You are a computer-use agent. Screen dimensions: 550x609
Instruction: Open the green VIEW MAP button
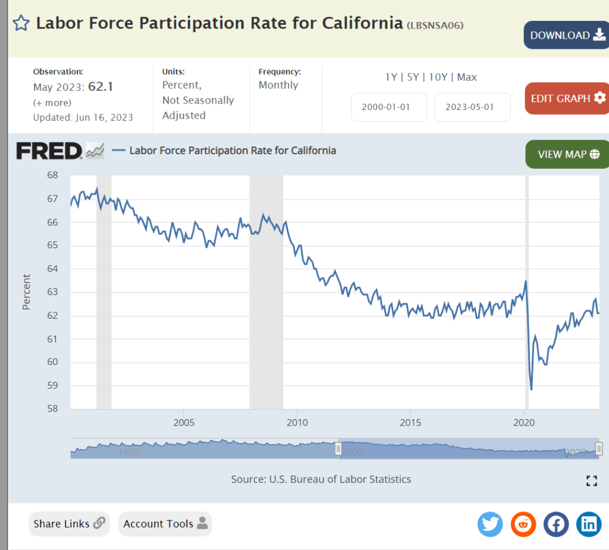[567, 154]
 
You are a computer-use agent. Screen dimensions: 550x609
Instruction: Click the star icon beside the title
[21, 23]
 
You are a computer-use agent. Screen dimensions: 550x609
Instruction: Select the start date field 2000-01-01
[389, 108]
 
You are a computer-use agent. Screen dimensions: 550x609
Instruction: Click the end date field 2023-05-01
[472, 108]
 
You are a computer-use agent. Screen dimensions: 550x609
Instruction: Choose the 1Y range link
[391, 77]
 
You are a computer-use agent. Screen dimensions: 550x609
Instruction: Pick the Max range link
[467, 77]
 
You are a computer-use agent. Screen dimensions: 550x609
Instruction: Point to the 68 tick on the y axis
[52, 175]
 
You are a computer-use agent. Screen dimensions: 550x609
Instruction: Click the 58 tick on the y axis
[52, 409]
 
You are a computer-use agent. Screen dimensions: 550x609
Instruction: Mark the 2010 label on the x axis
[297, 423]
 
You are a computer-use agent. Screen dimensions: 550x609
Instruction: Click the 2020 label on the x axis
[524, 423]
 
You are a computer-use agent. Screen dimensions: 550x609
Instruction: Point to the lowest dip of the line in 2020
[531, 389]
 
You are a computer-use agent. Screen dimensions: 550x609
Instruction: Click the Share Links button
[69, 524]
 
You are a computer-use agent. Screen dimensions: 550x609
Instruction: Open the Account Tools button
[165, 524]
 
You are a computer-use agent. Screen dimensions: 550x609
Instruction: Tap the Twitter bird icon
[490, 524]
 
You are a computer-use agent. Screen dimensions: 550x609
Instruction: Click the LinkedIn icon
[589, 524]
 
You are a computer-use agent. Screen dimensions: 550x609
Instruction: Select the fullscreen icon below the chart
[591, 481]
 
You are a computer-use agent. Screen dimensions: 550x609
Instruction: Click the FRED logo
[49, 151]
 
